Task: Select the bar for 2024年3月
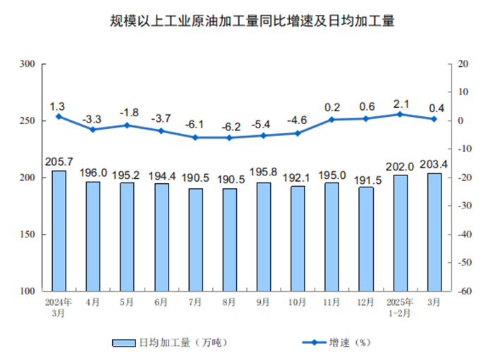(x=59, y=230)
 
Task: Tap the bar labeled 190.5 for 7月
(x=195, y=240)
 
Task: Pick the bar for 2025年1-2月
(x=400, y=232)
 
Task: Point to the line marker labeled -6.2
(x=229, y=137)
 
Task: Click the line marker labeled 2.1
(x=400, y=114)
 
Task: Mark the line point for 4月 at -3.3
(x=92, y=129)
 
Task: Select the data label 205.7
(x=59, y=161)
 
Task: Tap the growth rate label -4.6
(x=298, y=120)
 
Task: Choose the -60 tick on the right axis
(x=463, y=291)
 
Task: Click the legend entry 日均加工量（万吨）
(x=169, y=342)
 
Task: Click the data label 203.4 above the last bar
(x=434, y=164)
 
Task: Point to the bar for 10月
(x=298, y=238)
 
